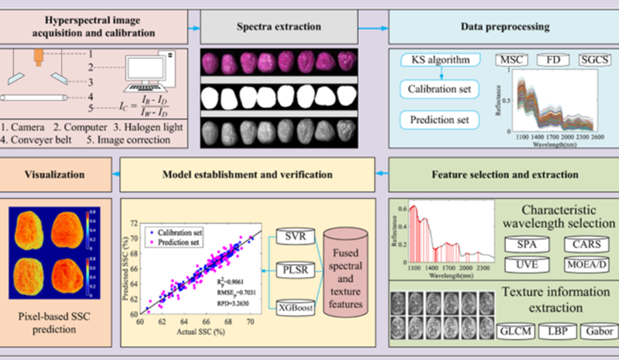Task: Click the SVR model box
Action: [296, 235]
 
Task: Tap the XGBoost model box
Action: [296, 307]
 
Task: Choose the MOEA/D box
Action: [587, 266]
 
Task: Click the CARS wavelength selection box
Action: [587, 245]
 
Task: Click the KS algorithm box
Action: [441, 60]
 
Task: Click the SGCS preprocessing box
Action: [597, 60]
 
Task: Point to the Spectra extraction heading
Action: [279, 27]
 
